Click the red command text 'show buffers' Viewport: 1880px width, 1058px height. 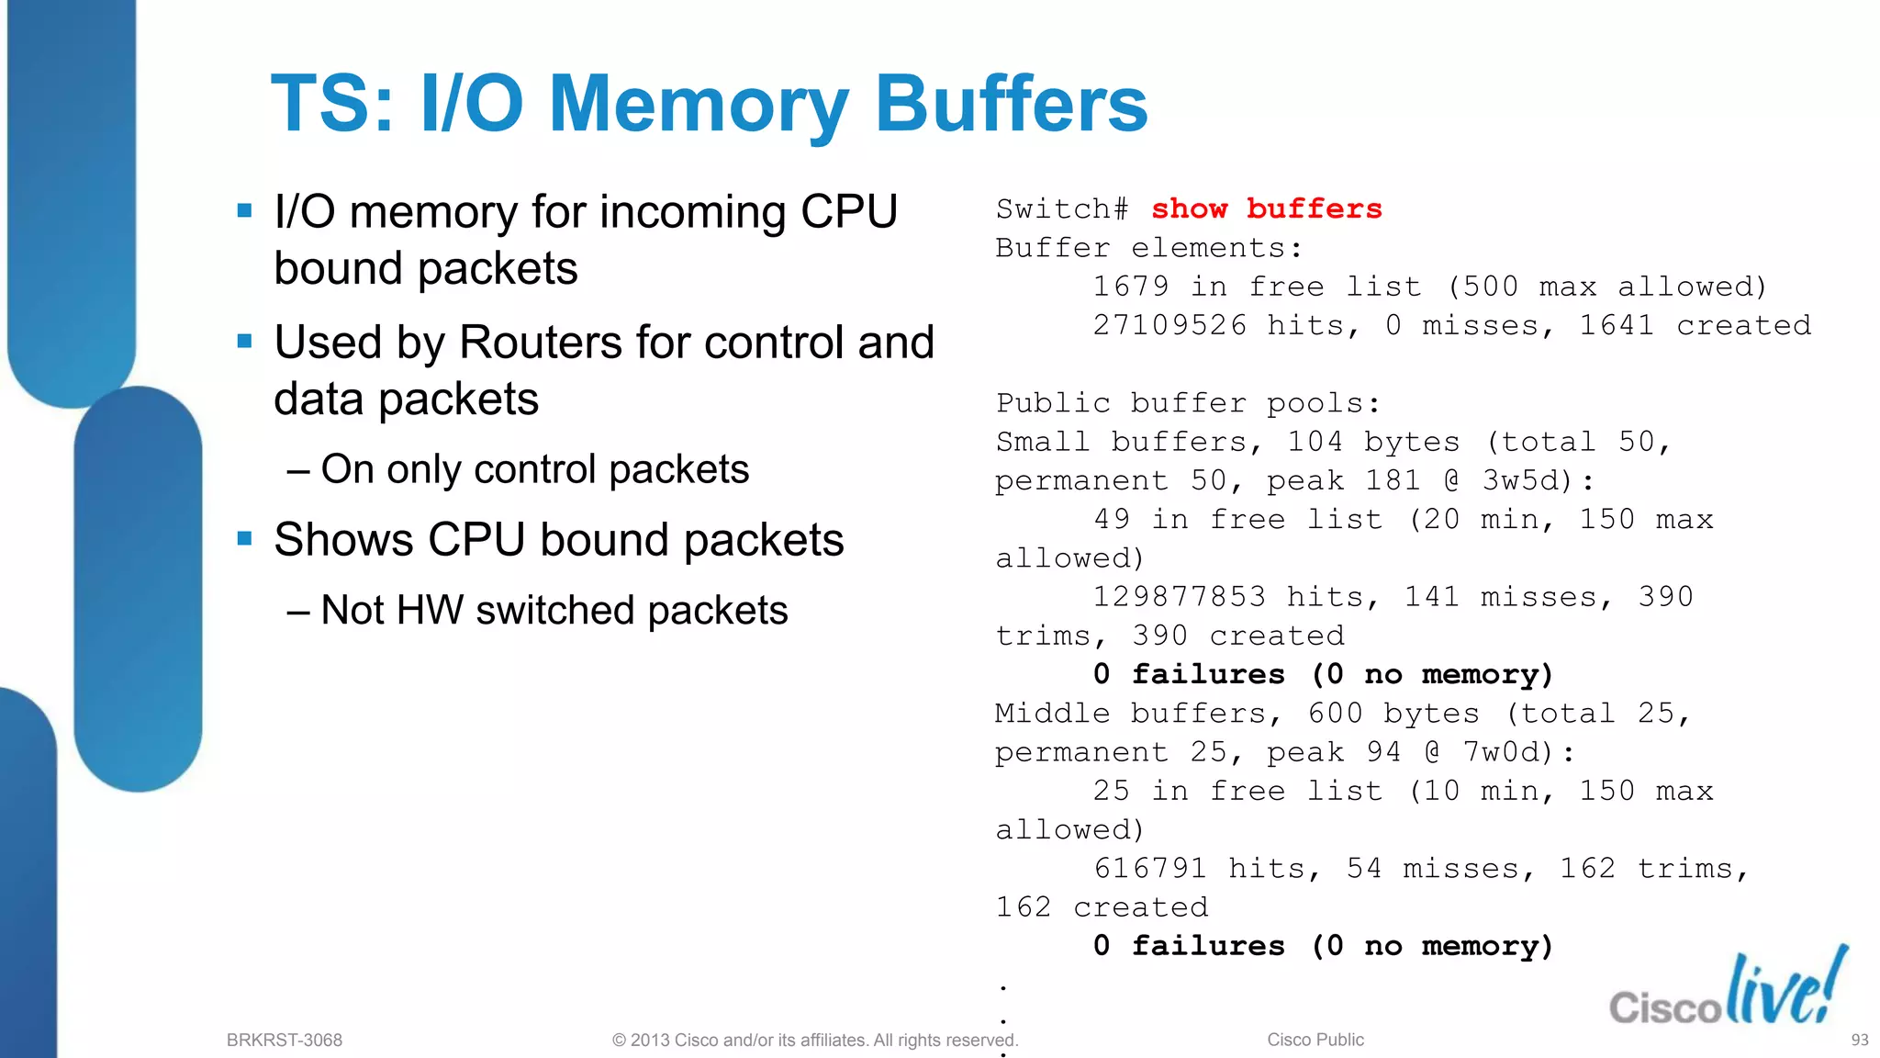[1266, 209]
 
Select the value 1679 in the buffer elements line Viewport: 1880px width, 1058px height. [1131, 287]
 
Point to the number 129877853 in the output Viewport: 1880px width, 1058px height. [1180, 597]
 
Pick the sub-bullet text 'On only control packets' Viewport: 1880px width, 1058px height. [534, 469]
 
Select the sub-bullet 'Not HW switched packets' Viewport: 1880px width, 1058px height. [554, 611]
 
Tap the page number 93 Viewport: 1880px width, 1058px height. [1859, 1040]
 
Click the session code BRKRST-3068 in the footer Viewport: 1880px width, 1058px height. [285, 1040]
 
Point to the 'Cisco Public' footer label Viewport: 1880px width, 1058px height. [1315, 1040]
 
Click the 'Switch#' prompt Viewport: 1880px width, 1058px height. [1062, 209]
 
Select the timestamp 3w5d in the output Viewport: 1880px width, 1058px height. [1521, 481]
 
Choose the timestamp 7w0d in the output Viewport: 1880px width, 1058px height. [1502, 753]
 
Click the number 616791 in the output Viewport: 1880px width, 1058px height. [1150, 869]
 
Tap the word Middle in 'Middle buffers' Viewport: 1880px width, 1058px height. [1052, 714]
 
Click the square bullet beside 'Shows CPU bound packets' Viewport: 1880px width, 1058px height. [244, 538]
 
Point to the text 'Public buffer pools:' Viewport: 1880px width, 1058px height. [1188, 403]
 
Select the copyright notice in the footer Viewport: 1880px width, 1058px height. [815, 1040]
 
